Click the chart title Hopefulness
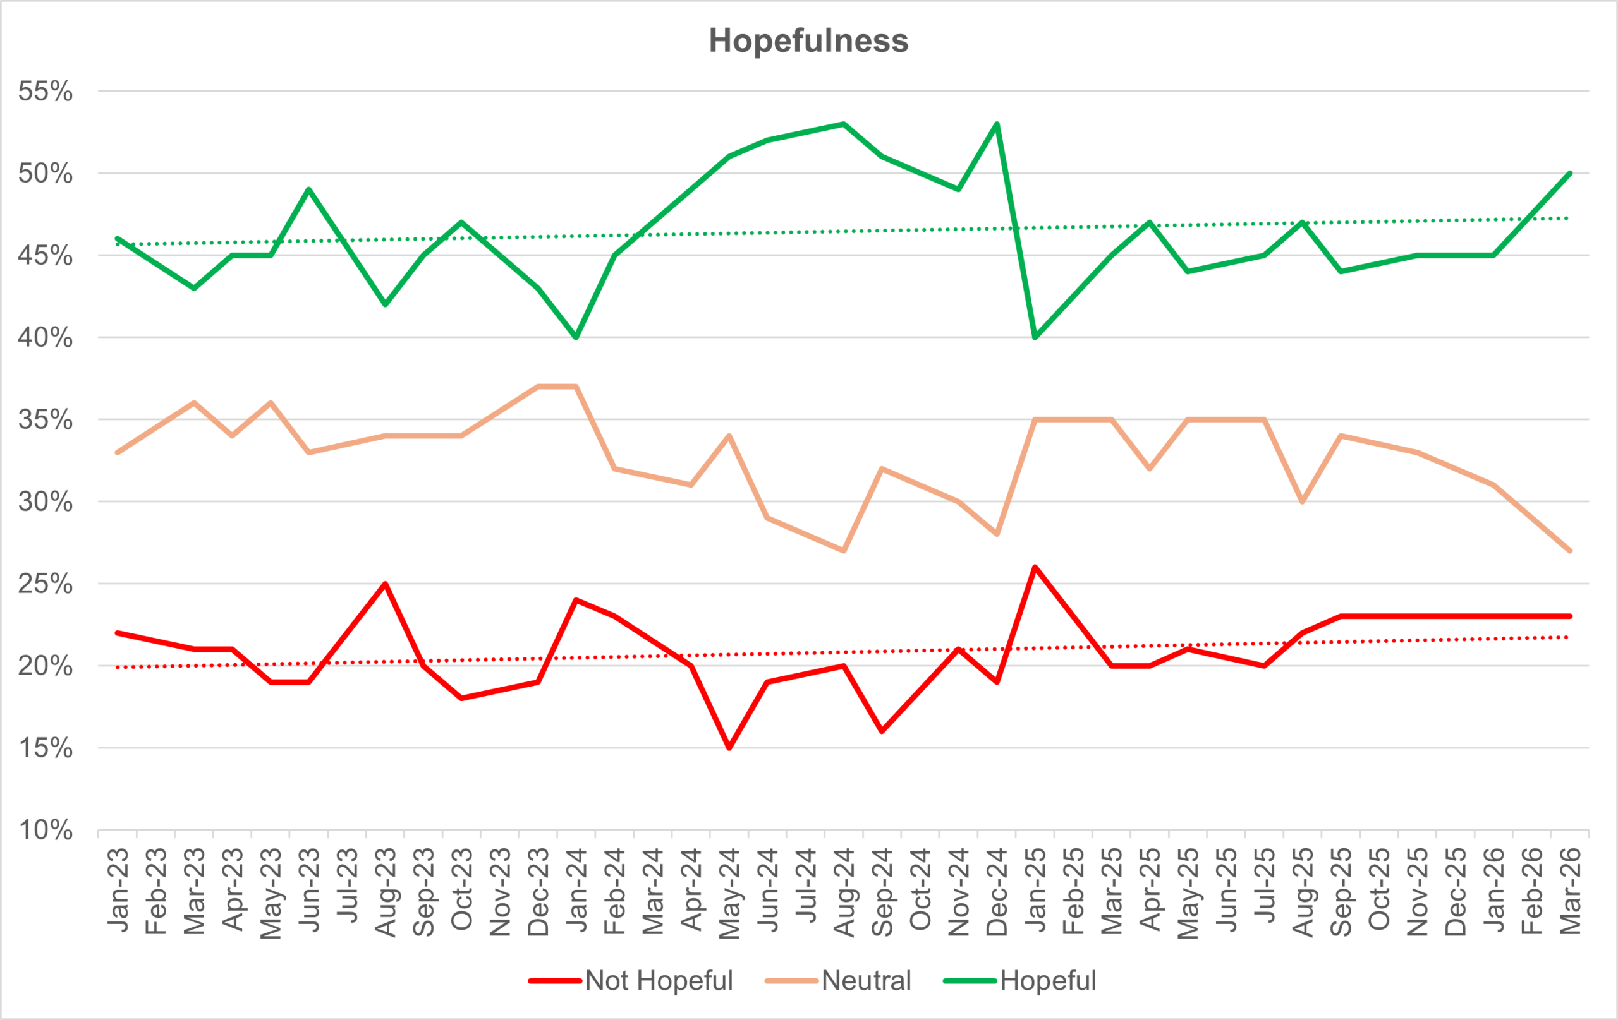[808, 40]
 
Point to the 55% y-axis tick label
[45, 92]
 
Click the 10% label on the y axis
[45, 831]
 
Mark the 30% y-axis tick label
[45, 501]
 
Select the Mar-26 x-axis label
[1571, 892]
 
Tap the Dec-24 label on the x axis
[997, 892]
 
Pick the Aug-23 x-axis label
[385, 892]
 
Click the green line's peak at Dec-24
[997, 124]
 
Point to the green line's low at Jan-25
[1035, 337]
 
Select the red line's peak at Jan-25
[1035, 567]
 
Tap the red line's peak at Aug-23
[385, 584]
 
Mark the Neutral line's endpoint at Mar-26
[1571, 551]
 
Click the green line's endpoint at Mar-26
[1571, 173]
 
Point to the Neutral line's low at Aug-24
[844, 551]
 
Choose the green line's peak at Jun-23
[308, 189]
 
